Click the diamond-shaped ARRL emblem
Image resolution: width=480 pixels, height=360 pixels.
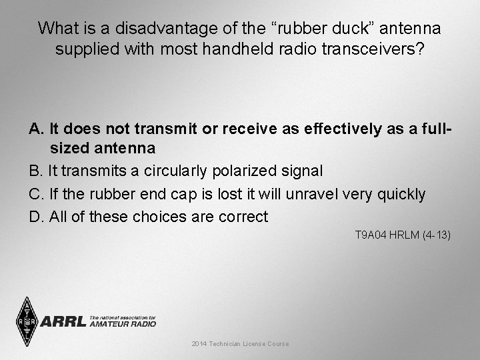coord(27,321)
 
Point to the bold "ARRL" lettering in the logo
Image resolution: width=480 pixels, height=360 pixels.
coord(63,322)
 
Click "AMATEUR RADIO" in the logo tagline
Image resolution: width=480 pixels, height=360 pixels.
coord(122,324)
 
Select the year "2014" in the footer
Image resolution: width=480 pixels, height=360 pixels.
coord(199,343)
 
